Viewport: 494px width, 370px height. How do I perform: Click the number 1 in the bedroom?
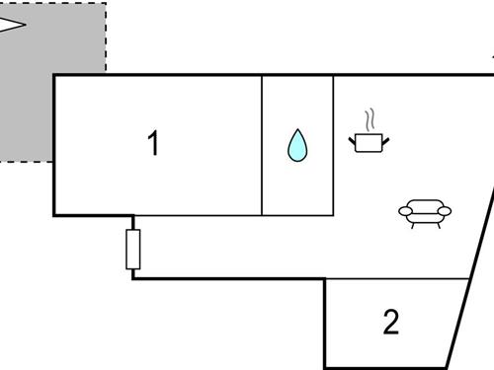click(153, 144)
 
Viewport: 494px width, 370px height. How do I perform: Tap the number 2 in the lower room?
click(391, 322)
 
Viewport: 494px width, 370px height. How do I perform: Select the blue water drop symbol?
click(297, 145)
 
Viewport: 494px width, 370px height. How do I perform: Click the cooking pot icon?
click(369, 143)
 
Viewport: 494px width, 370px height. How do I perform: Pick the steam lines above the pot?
click(370, 120)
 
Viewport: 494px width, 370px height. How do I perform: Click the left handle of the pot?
click(352, 139)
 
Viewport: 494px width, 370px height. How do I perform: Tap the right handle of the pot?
click(385, 139)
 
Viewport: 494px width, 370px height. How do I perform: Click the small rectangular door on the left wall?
click(133, 249)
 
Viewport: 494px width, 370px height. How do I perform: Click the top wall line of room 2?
click(395, 279)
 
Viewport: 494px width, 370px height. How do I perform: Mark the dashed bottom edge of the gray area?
click(25, 160)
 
